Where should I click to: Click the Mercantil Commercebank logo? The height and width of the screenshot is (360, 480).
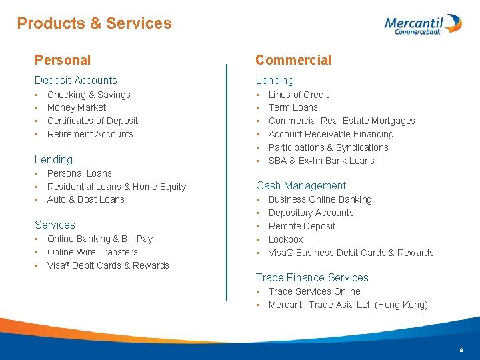pos(422,24)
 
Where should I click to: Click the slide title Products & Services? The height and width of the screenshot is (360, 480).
pos(94,23)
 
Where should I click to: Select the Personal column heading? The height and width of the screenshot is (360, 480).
pos(62,60)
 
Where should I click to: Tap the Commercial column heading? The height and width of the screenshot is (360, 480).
pos(293,60)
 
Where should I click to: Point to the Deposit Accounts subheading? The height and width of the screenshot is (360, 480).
pos(75,80)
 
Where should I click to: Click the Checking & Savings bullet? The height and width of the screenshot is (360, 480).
pos(89,95)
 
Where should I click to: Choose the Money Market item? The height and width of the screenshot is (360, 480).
pos(77,107)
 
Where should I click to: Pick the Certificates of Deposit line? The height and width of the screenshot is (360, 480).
pos(93,121)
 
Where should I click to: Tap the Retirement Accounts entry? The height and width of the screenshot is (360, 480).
pos(90,134)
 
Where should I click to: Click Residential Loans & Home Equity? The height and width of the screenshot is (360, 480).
pos(117,187)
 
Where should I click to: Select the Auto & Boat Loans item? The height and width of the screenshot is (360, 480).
pos(86,199)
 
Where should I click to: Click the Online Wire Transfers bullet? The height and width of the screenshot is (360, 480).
pos(93,252)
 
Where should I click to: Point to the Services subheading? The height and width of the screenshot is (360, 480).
pos(55,225)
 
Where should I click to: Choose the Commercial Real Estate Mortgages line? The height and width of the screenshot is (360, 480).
pos(341,121)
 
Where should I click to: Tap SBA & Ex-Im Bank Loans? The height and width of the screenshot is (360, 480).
pos(321,161)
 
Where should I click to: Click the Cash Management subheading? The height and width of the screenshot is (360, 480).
pos(301,185)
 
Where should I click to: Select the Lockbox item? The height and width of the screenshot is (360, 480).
pos(285,239)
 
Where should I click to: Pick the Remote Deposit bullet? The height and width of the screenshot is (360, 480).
pos(302,226)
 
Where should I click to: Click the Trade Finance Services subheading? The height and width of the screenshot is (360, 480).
pos(312,277)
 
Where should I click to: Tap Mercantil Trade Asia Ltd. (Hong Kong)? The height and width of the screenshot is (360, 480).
pos(348,305)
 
